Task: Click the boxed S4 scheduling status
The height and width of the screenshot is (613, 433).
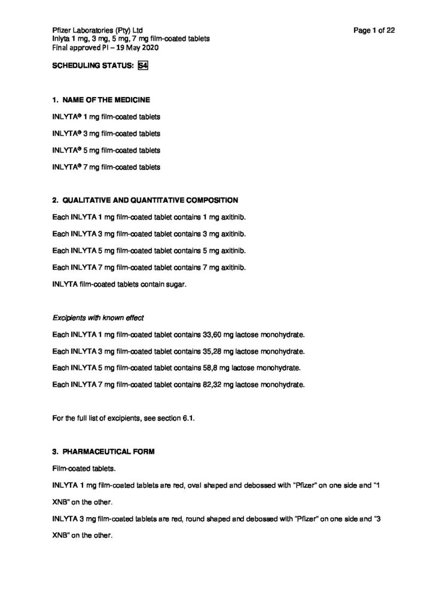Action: pos(142,66)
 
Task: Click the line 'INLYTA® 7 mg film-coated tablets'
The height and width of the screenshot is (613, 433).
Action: pos(106,166)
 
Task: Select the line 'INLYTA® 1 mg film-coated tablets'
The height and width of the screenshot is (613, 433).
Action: pos(106,116)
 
